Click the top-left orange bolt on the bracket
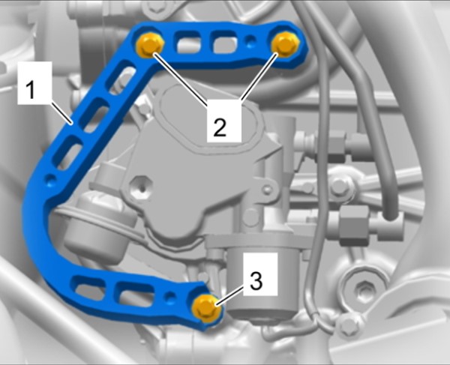(x=149, y=44)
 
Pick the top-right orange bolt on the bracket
(x=285, y=43)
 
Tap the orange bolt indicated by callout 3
(x=206, y=308)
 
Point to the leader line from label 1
(x=61, y=112)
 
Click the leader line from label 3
(x=231, y=296)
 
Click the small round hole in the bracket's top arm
(x=251, y=40)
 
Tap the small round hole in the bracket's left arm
(x=51, y=180)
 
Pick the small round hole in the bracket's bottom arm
(x=170, y=295)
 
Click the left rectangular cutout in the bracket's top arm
(x=188, y=43)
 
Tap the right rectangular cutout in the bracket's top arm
(x=225, y=43)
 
